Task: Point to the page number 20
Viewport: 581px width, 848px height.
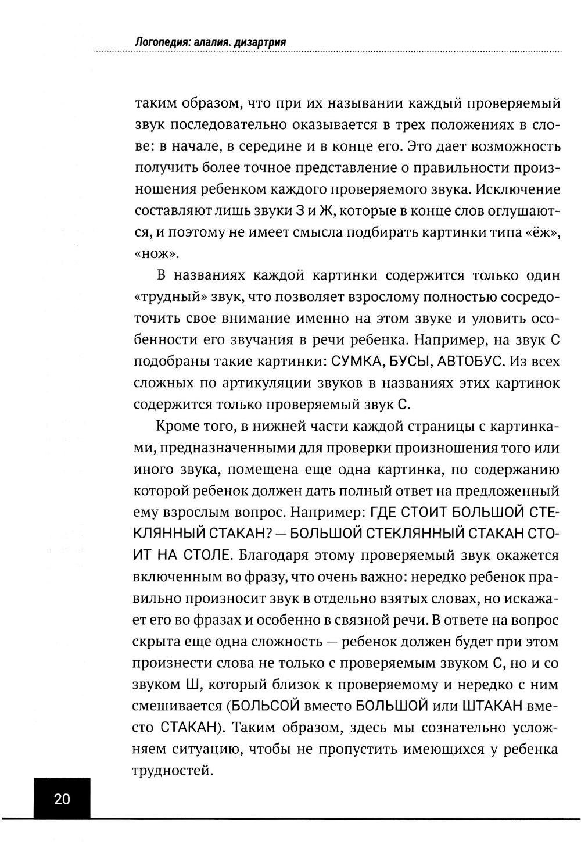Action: click(62, 799)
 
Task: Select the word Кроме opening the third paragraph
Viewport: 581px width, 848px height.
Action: click(177, 427)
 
